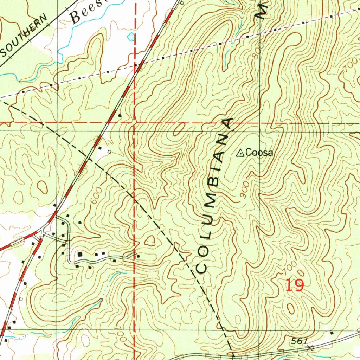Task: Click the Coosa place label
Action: [259, 153]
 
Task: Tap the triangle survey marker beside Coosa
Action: [240, 153]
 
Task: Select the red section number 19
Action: [294, 285]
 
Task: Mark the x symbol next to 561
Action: [310, 348]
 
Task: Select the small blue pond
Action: [131, 36]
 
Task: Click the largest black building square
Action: [80, 253]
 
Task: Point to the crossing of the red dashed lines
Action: [135, 123]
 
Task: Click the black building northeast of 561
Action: [332, 332]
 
